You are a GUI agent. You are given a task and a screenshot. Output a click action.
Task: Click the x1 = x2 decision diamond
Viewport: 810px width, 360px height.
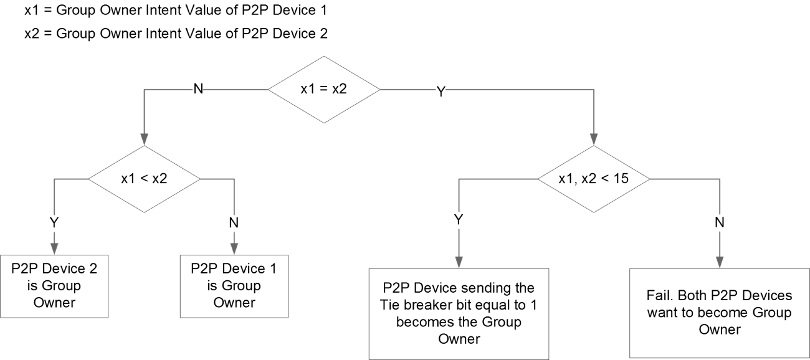(324, 90)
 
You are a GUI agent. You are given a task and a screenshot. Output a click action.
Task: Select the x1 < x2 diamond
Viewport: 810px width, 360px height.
(144, 179)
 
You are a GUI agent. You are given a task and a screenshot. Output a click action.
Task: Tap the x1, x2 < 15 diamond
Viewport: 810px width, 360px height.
(593, 179)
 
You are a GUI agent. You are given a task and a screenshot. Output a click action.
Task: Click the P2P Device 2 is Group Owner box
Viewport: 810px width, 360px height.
(54, 285)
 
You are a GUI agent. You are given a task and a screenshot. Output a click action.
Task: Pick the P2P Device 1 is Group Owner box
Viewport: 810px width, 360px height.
(234, 285)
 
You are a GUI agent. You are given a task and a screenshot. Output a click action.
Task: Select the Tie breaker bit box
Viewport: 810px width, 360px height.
(459, 313)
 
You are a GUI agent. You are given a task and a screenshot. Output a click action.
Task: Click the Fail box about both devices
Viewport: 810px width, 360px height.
(720, 313)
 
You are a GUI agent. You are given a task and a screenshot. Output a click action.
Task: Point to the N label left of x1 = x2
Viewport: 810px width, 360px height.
(198, 90)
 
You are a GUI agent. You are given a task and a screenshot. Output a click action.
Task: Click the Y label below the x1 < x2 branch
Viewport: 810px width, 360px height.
(54, 221)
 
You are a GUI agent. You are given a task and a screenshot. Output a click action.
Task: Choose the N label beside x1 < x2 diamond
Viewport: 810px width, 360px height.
(234, 221)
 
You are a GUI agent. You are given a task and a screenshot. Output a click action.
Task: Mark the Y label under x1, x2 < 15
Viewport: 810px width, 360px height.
(459, 220)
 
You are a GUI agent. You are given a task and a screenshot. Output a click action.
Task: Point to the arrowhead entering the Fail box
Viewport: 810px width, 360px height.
(721, 263)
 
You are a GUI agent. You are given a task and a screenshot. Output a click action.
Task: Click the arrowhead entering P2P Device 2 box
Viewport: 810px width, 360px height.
(54, 249)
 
